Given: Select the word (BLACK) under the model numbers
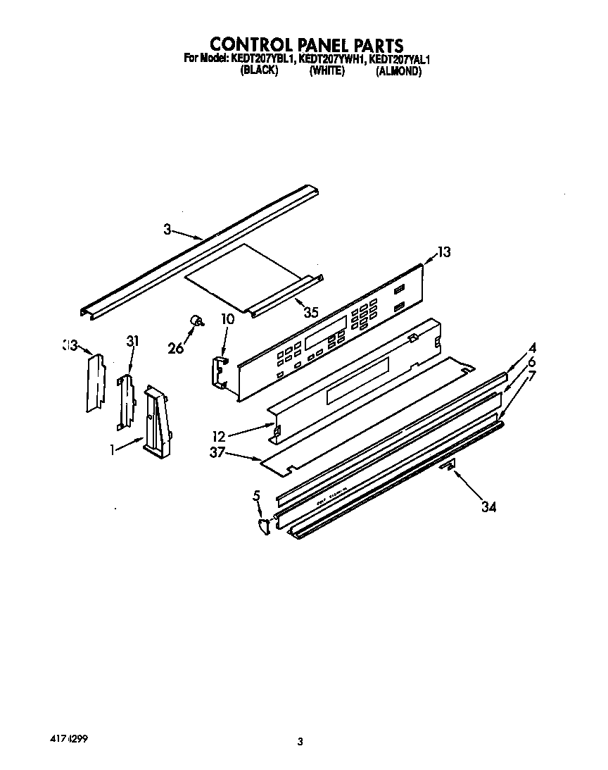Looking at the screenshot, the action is pos(260,71).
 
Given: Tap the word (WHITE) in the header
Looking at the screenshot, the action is pos(327,71).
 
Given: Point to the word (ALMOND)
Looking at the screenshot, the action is pos(398,71).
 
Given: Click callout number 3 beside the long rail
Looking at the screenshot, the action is pos(167,229).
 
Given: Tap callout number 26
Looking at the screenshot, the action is pos(176,347).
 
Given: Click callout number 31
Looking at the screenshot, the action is pos(132,341).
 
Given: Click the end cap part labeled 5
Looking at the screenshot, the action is pos(265,525).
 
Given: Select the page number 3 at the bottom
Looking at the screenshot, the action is pos(300,740).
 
